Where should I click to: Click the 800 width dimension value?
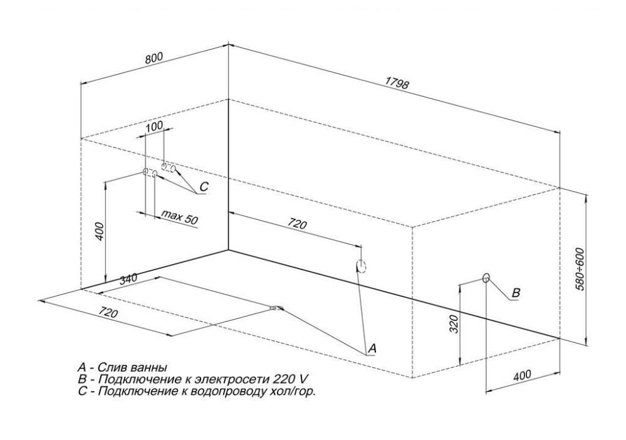coord(154,58)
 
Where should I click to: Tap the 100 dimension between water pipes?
coord(154,126)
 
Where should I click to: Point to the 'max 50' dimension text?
coord(179,217)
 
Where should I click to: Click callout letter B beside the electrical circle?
coord(516,293)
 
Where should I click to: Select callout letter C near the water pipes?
coord(204,187)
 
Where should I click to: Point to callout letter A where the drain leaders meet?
coord(371,348)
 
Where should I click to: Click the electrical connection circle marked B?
coord(486,278)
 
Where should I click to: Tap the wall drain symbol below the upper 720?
coord(360,266)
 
